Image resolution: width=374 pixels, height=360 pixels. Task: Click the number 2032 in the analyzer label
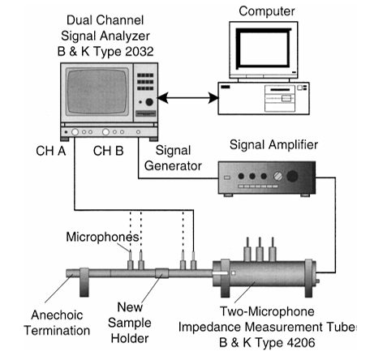[140, 52]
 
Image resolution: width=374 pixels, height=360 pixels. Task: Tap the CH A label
[51, 151]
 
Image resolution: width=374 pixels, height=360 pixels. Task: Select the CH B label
[108, 151]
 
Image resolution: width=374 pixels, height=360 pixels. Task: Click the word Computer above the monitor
[267, 11]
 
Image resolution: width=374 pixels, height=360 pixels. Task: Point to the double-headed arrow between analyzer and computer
[188, 98]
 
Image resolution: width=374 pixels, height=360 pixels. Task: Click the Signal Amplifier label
[273, 144]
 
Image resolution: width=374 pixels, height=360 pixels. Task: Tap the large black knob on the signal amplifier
[292, 176]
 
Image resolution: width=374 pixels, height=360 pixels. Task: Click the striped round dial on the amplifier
[277, 176]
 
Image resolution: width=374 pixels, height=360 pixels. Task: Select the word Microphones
[102, 237]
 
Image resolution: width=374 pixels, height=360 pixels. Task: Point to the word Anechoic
[57, 315]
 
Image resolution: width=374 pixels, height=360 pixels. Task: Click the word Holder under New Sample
[130, 338]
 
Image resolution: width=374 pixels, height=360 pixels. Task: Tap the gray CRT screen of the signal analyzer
[97, 92]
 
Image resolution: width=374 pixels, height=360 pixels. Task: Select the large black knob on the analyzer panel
[149, 102]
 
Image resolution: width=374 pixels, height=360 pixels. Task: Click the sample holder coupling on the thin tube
[161, 273]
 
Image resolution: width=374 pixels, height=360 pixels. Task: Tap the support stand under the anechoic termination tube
[84, 282]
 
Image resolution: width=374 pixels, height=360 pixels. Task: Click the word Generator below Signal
[173, 166]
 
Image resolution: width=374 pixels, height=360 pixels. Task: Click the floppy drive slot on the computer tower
[280, 90]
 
